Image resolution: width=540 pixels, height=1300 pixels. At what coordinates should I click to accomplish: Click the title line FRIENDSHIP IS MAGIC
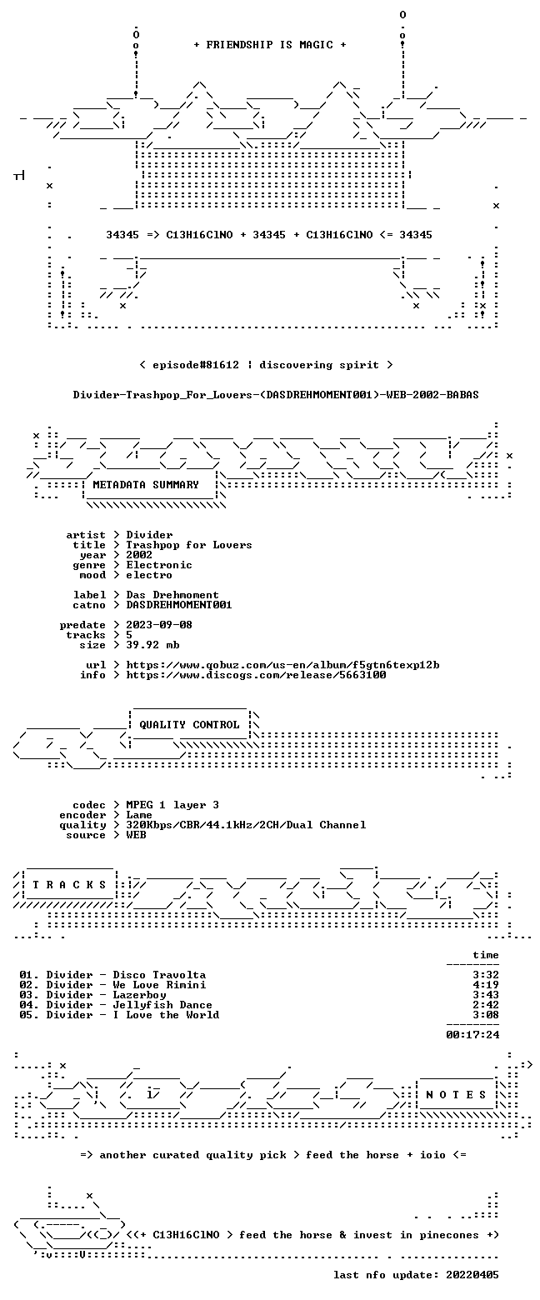pyautogui.click(x=270, y=45)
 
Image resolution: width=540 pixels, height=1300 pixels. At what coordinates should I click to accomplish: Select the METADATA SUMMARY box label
pyautogui.click(x=146, y=485)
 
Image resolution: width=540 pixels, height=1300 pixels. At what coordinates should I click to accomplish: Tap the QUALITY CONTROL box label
pyautogui.click(x=189, y=724)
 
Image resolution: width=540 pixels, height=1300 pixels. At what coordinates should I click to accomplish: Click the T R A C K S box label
pyautogui.click(x=69, y=884)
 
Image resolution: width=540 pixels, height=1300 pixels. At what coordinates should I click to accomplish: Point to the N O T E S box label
pyautogui.click(x=456, y=1094)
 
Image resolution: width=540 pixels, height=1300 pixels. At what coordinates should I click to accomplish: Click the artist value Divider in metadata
pyautogui.click(x=149, y=535)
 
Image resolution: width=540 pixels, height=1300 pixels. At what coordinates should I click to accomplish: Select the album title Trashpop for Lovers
pyautogui.click(x=188, y=545)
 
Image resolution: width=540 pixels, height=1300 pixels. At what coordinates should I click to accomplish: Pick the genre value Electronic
pyautogui.click(x=159, y=565)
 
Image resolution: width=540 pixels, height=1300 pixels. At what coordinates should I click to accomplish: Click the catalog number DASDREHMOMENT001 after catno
pyautogui.click(x=179, y=605)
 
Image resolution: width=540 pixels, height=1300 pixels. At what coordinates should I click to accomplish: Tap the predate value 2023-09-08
pyautogui.click(x=159, y=624)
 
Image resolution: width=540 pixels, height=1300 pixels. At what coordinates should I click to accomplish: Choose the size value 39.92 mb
pyautogui.click(x=152, y=645)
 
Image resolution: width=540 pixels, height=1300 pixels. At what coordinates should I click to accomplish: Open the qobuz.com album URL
pyautogui.click(x=282, y=664)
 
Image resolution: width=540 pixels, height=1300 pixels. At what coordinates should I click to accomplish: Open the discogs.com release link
pyautogui.click(x=256, y=674)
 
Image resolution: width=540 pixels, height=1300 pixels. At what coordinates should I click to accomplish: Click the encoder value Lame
pyautogui.click(x=139, y=815)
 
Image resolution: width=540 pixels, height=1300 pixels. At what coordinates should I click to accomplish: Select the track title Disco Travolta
pyautogui.click(x=159, y=975)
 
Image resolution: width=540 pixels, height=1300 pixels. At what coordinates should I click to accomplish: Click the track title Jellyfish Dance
pyautogui.click(x=162, y=1005)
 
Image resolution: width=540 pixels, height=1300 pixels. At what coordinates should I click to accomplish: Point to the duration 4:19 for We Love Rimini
pyautogui.click(x=486, y=985)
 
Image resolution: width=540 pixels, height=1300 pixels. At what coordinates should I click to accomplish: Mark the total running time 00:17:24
pyautogui.click(x=472, y=1034)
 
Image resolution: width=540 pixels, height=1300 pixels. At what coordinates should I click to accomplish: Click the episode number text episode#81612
pyautogui.click(x=196, y=364)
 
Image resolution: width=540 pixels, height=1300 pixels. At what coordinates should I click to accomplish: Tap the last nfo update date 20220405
pyautogui.click(x=472, y=1274)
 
